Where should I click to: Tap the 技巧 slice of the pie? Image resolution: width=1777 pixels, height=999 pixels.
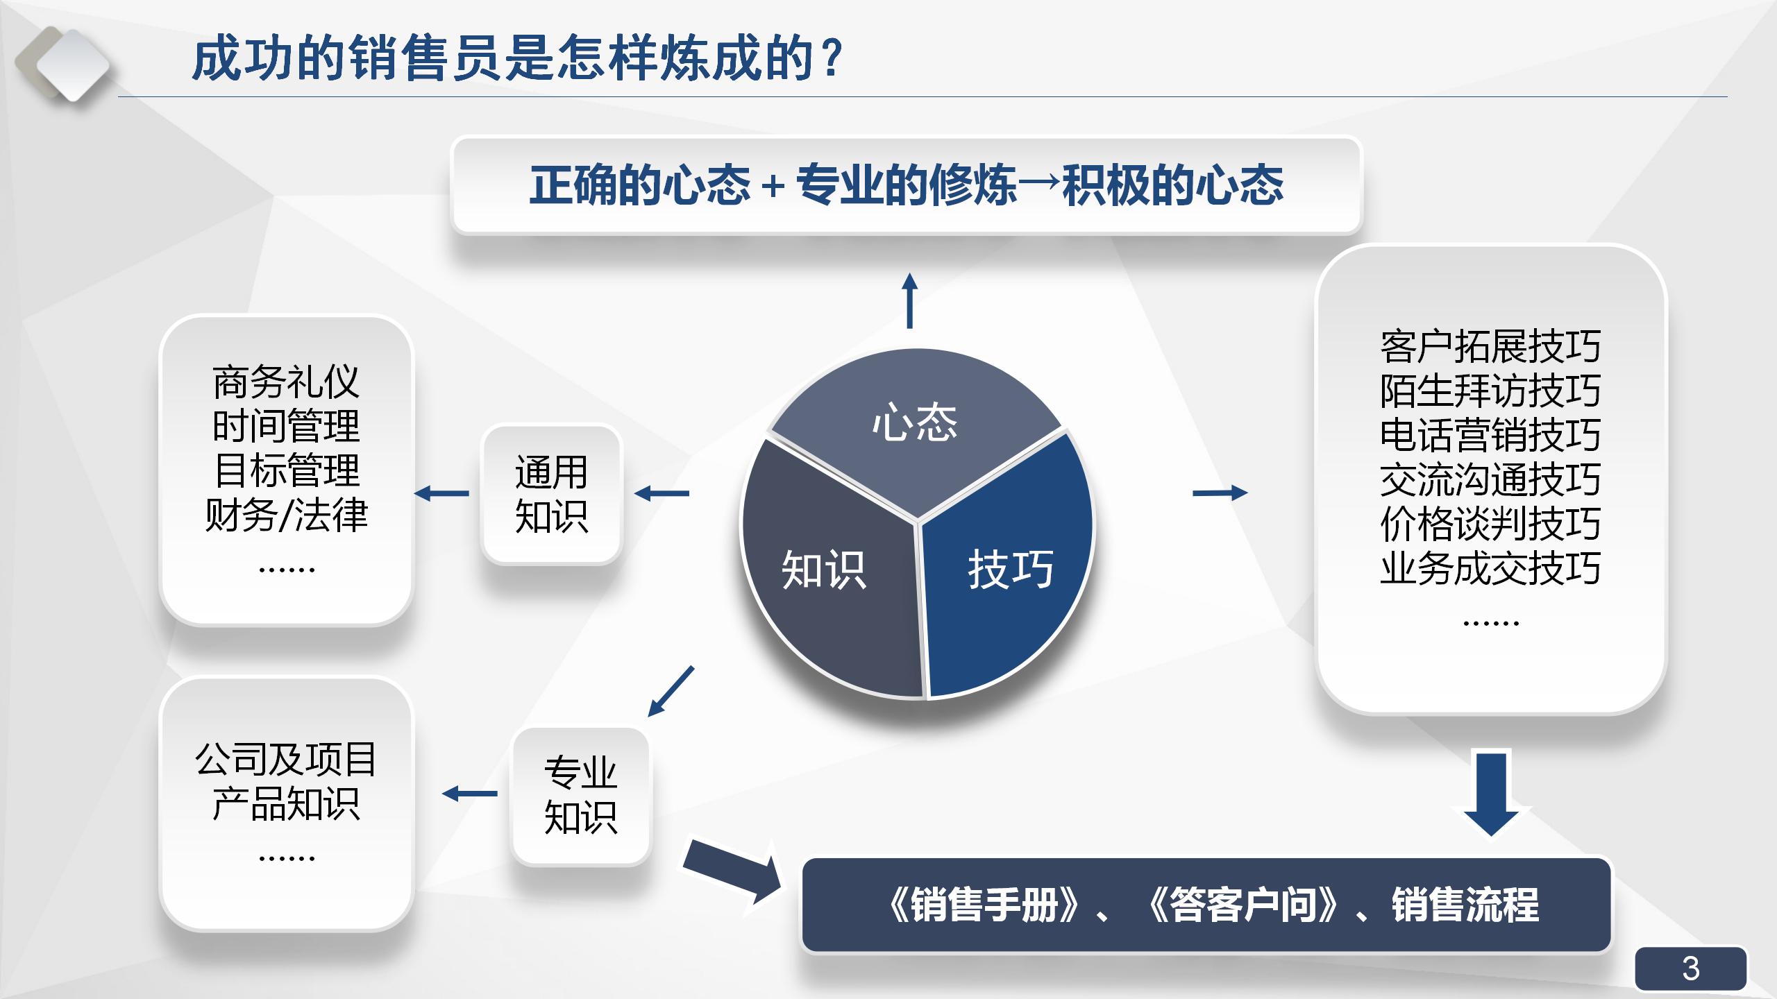[1011, 569]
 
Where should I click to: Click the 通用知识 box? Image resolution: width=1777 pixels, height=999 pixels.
[552, 494]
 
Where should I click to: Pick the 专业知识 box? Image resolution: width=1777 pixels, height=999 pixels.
[581, 795]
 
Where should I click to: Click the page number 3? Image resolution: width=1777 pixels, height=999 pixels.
[1690, 968]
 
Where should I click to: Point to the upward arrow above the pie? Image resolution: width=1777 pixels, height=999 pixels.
[909, 301]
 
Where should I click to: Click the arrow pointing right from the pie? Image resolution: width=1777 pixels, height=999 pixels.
[1220, 493]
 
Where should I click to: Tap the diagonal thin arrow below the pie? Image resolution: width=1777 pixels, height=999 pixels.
[671, 691]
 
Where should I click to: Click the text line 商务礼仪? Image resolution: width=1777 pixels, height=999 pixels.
[286, 382]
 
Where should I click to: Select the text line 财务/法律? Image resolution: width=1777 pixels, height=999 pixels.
[286, 515]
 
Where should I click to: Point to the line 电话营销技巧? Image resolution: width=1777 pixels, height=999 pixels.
[1490, 434]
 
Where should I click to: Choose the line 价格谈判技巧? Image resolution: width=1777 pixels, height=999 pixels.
[1490, 523]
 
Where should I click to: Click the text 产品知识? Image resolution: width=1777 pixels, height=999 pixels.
[286, 803]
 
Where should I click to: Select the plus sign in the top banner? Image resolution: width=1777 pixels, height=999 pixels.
[773, 186]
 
